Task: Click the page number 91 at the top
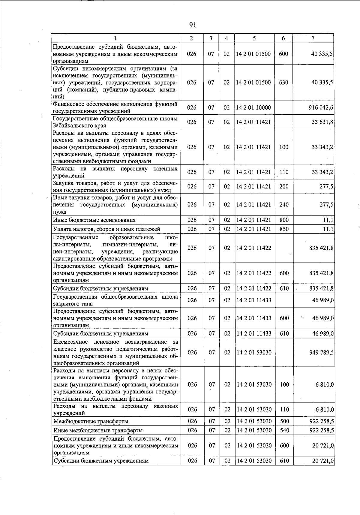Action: [193, 25]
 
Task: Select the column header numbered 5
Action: [254, 38]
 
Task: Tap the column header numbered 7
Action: [313, 38]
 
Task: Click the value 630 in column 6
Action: [283, 83]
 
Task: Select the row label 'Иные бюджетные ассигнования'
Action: [94, 220]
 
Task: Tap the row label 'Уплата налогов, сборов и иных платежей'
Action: [106, 229]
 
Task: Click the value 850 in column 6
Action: [284, 229]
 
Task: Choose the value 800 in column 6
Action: [284, 220]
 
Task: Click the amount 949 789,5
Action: [322, 353]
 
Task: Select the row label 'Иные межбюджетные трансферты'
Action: [98, 431]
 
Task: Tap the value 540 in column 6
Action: [284, 431]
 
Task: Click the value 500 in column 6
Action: [284, 421]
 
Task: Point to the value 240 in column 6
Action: [284, 205]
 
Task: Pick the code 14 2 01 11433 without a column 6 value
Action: [254, 300]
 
